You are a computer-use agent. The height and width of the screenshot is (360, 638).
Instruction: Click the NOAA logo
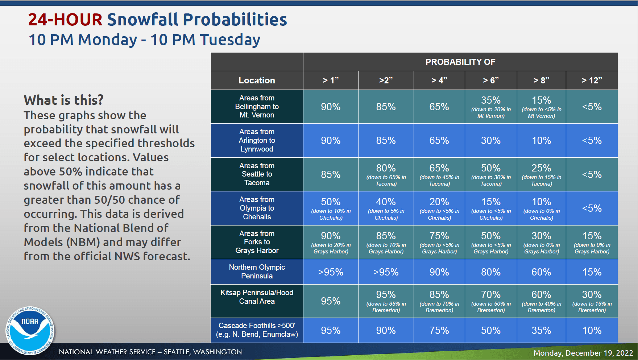(x=30, y=330)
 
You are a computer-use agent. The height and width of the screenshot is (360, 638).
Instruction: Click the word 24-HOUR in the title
(x=65, y=20)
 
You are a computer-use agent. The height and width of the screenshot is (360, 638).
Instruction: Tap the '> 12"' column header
(x=592, y=80)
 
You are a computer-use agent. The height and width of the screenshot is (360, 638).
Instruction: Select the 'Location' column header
(x=257, y=80)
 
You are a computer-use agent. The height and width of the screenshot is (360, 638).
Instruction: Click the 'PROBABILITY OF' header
(x=460, y=62)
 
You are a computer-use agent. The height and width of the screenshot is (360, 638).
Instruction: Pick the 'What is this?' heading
(x=64, y=100)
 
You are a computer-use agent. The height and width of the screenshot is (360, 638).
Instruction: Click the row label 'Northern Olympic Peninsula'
(x=257, y=272)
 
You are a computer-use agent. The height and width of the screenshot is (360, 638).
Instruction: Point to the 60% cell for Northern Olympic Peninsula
(x=541, y=272)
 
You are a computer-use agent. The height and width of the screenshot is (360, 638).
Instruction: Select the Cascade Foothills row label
(x=257, y=330)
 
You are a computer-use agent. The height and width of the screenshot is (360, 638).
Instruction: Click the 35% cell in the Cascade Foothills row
(x=541, y=330)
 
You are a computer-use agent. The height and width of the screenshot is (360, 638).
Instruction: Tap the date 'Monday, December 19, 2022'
(x=583, y=353)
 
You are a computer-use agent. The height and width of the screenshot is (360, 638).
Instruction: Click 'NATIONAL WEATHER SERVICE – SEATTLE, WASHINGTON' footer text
(x=150, y=352)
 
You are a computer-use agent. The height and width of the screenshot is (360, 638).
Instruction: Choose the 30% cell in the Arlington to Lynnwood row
(x=491, y=141)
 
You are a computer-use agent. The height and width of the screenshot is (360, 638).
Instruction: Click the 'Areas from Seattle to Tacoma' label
(x=257, y=174)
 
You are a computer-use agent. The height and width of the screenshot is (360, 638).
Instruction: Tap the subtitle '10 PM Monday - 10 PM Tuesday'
(x=144, y=40)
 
